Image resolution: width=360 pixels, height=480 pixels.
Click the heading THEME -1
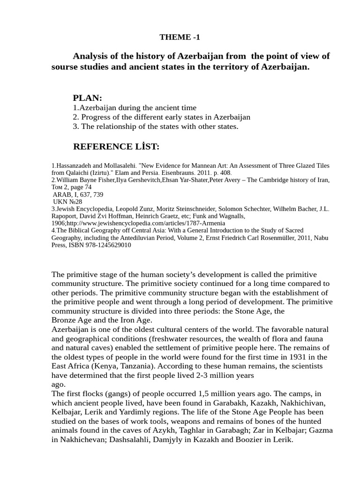point(180,37)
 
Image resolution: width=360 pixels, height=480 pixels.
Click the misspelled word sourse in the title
point(65,67)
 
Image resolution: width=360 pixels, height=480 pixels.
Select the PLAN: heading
point(88,98)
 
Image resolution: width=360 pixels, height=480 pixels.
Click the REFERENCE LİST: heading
point(116,147)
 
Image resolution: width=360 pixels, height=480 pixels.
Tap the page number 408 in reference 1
point(225,173)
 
